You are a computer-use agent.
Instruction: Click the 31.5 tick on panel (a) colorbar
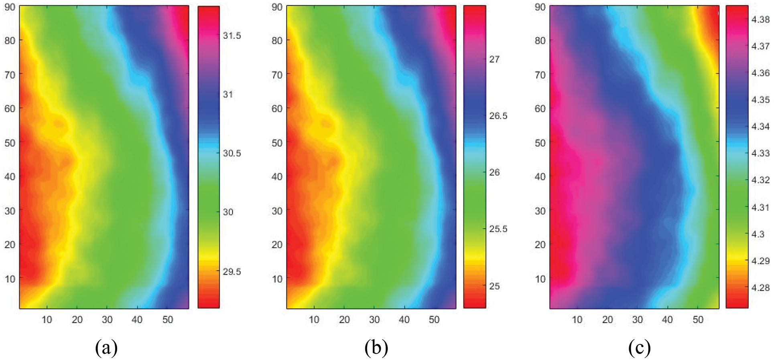(232, 36)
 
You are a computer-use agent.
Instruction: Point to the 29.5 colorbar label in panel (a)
(232, 271)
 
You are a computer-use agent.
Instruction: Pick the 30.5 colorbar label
(232, 153)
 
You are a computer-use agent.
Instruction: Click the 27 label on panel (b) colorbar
(494, 59)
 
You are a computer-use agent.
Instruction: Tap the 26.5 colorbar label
(498, 116)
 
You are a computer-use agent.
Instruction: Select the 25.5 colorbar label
(498, 229)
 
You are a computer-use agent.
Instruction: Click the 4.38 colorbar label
(760, 19)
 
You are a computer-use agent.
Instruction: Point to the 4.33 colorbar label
(760, 153)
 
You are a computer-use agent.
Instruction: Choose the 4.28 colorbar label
(760, 287)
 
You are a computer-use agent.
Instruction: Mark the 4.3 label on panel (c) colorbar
(758, 234)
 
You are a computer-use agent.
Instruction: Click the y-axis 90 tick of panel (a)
(10, 7)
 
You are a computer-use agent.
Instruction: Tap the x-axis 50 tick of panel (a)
(167, 320)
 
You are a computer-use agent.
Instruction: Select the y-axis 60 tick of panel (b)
(277, 109)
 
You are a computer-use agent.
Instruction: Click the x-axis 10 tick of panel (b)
(314, 320)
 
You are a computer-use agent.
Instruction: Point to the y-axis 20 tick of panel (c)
(540, 244)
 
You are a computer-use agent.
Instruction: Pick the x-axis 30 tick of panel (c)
(637, 320)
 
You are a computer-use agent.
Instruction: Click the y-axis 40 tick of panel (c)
(540, 176)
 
